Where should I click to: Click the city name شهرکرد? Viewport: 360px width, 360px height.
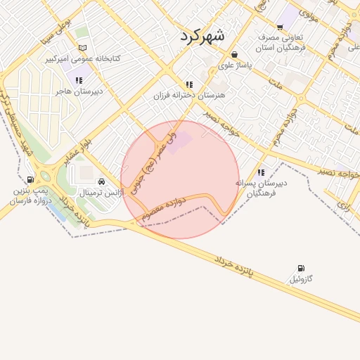(202, 36)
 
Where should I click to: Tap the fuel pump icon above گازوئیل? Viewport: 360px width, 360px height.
(302, 268)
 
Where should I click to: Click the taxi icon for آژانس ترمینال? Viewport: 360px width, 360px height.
(103, 181)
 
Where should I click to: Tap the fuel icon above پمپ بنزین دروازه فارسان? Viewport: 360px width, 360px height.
(30, 179)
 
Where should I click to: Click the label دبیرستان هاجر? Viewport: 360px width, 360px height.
(80, 91)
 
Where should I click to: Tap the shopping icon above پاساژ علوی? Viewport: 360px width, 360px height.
(233, 54)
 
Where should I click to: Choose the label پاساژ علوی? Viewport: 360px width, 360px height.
(233, 65)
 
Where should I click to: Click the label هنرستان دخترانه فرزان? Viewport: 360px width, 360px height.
(188, 94)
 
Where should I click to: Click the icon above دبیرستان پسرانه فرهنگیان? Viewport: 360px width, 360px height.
(261, 172)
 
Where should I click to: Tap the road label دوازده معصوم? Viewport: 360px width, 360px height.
(163, 208)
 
